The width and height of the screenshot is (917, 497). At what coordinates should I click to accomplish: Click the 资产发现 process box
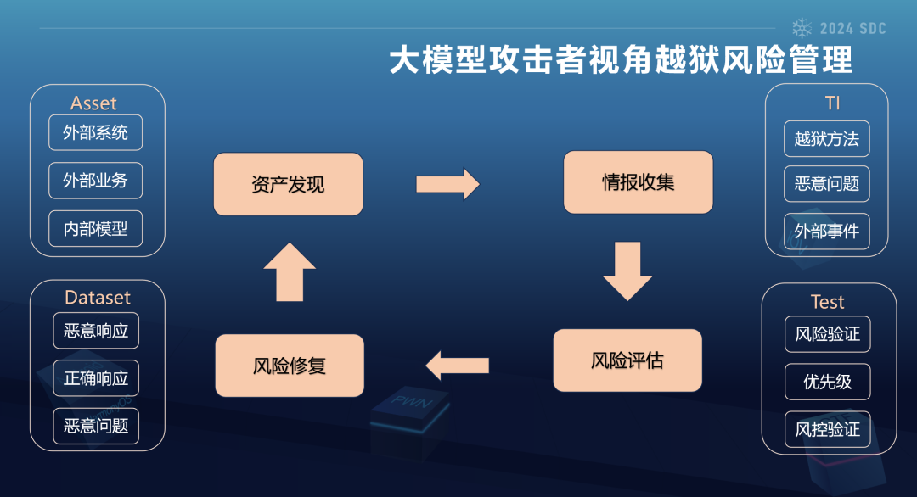288,184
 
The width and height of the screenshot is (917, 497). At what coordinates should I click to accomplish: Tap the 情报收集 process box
638,182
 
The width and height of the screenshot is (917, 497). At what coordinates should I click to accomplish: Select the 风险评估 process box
627,360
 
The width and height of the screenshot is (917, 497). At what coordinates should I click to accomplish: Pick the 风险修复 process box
290,366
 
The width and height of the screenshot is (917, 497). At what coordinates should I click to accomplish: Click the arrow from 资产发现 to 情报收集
447,184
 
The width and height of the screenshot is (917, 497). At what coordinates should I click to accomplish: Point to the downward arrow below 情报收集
627,271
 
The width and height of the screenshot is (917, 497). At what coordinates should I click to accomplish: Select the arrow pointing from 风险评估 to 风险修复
458,366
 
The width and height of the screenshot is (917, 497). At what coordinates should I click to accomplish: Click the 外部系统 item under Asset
96,132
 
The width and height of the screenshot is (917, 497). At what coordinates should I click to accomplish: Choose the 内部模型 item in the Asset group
96,228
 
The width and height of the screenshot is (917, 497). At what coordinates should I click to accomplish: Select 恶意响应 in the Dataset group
96,330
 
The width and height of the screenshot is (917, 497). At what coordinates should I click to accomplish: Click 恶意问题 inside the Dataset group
96,425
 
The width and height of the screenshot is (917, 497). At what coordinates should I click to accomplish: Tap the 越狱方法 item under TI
826,139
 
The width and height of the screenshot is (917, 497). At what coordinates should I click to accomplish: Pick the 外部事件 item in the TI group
826,231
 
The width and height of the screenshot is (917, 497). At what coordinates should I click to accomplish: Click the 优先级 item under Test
827,382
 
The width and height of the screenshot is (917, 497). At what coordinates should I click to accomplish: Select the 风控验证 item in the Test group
827,429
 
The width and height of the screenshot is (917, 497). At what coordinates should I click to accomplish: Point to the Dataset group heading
98,298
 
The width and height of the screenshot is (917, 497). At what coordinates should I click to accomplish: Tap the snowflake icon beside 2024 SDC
802,28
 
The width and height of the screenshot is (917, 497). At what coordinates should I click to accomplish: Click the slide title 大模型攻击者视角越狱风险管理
621,61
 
